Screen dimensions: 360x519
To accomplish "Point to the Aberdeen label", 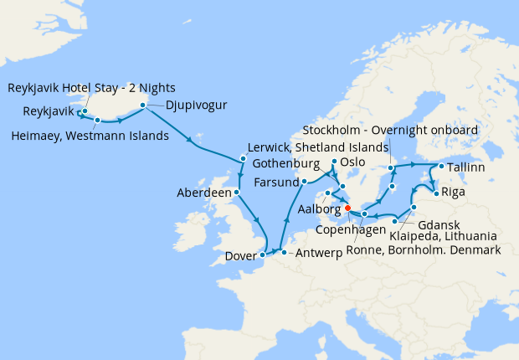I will (x=204, y=193).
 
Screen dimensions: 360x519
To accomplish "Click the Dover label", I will (x=241, y=258).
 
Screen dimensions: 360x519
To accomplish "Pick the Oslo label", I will (x=353, y=162).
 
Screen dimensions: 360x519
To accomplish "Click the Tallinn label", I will (x=465, y=168).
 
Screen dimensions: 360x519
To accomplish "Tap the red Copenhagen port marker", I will (x=347, y=209).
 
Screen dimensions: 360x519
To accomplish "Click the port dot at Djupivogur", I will (x=142, y=105).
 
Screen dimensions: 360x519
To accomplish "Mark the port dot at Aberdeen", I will (x=237, y=192).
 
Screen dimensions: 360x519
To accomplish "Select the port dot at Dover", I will (x=263, y=253).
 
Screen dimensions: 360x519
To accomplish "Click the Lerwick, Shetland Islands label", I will (x=319, y=148).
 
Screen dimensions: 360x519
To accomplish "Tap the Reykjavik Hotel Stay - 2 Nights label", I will (x=92, y=87).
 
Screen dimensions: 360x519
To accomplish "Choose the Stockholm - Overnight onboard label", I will (x=390, y=131).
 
